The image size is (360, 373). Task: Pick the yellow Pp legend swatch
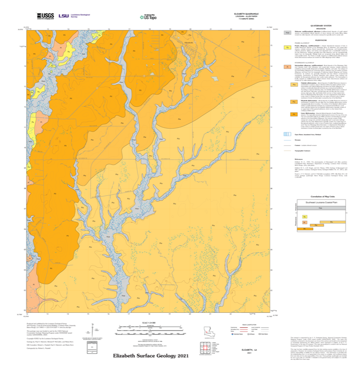pyautogui.click(x=288, y=48)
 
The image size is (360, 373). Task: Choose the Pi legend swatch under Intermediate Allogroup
pyautogui.click(x=288, y=67)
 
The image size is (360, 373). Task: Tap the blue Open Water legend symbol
pyautogui.click(x=288, y=134)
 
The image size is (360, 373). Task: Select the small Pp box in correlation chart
pyautogui.click(x=305, y=217)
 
